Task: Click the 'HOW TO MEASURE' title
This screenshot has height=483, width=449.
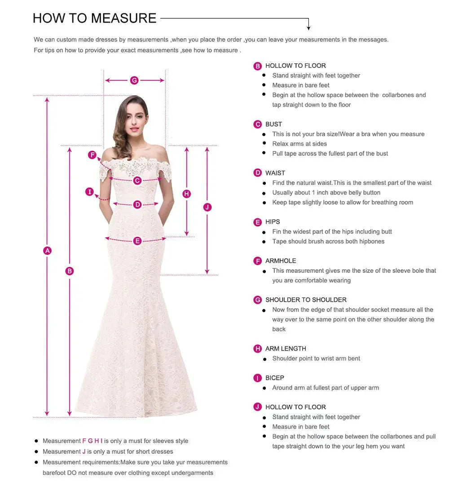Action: click(x=95, y=18)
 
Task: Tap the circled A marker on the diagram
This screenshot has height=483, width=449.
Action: click(x=47, y=251)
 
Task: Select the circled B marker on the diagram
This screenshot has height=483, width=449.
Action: click(x=69, y=271)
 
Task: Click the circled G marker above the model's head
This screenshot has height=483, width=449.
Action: click(x=134, y=80)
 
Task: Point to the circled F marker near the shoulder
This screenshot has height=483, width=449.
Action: click(x=92, y=155)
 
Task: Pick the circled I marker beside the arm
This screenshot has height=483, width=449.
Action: click(x=90, y=192)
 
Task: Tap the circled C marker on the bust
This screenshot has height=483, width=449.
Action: click(x=137, y=180)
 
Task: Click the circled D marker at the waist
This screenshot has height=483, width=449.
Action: click(x=137, y=205)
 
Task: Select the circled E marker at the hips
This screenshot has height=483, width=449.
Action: click(x=137, y=241)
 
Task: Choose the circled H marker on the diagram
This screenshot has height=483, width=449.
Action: click(x=187, y=194)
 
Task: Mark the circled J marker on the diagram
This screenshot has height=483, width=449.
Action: click(x=207, y=207)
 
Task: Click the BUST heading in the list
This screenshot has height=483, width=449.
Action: click(x=273, y=124)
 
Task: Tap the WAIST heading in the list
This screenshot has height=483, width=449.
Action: click(x=275, y=173)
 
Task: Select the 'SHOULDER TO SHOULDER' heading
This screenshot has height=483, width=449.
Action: click(x=306, y=300)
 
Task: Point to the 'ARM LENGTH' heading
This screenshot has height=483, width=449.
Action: click(x=286, y=349)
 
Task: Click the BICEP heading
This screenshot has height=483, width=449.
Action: click(x=275, y=378)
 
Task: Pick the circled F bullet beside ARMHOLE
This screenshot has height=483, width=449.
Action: click(x=258, y=261)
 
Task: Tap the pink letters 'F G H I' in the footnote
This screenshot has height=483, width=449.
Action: click(x=92, y=441)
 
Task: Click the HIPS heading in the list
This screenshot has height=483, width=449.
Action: click(x=273, y=222)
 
